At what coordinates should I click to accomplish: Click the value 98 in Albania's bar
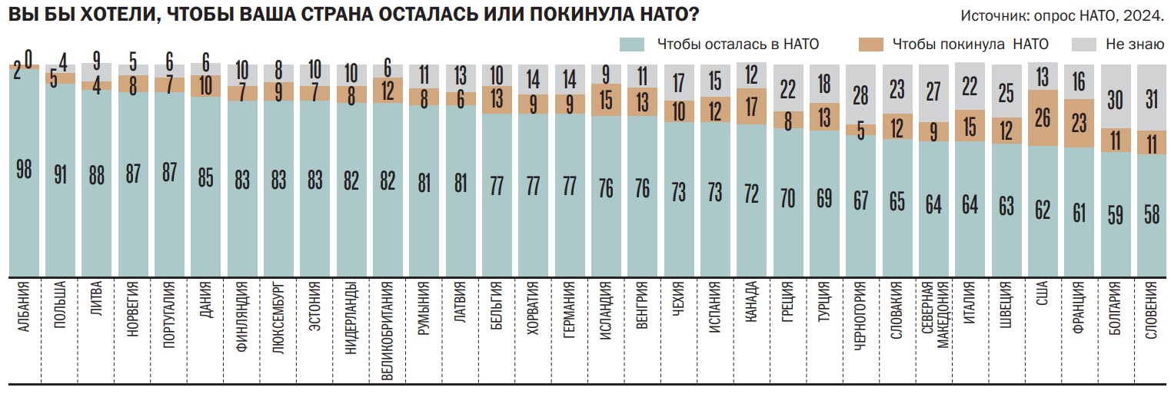[24, 170]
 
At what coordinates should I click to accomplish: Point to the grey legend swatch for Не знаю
[1083, 45]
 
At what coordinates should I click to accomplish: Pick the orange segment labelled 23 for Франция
[1079, 123]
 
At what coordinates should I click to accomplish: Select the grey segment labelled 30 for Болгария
[1115, 98]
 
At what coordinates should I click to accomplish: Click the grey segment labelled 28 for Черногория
[861, 95]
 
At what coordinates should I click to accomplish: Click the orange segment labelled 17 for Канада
[752, 106]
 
